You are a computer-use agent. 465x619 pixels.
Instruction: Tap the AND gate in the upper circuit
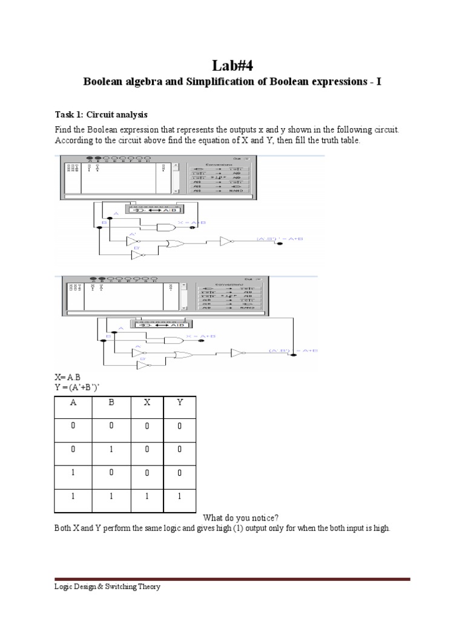pos(164,226)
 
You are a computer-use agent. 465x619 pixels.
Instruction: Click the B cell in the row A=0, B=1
pos(111,451)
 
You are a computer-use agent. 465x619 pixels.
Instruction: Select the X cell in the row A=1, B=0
pos(147,473)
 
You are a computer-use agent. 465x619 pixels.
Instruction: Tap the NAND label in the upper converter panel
pos(236,191)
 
